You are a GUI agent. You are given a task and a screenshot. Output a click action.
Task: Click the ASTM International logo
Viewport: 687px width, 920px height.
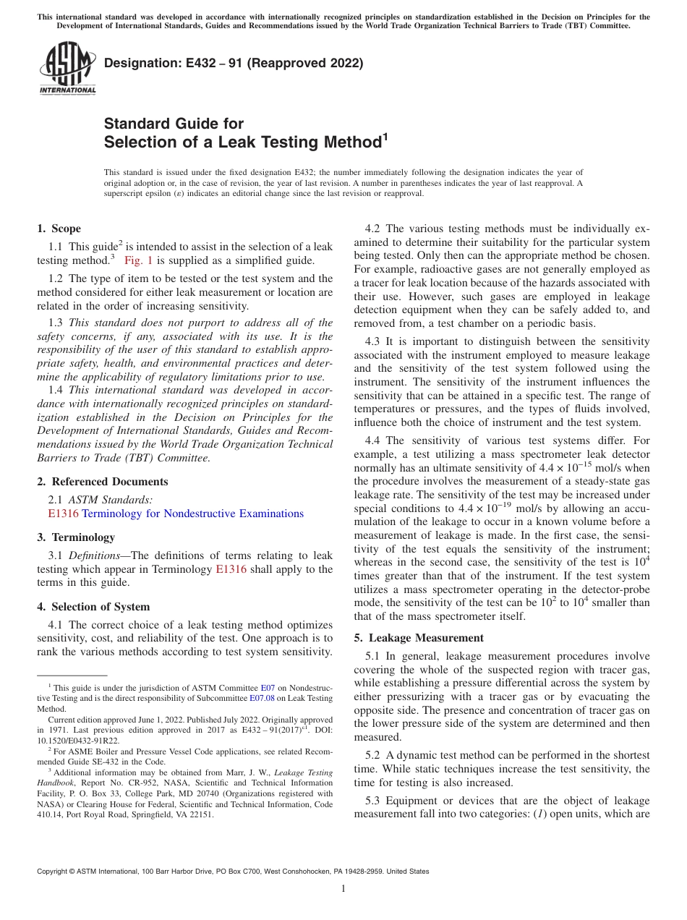coord(67,69)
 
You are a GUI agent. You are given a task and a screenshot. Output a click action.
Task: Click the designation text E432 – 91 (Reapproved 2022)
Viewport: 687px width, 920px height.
coord(234,63)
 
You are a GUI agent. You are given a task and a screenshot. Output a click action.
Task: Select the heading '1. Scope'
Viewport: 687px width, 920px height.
coord(59,229)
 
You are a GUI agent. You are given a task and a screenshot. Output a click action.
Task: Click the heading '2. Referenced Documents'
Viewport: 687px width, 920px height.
coord(102,482)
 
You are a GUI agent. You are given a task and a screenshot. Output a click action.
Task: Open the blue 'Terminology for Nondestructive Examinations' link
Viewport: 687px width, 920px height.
coord(192,514)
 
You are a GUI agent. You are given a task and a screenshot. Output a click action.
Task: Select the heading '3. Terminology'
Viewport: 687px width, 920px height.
coord(76,537)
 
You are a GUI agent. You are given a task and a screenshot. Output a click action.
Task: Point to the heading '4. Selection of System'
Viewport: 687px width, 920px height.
coord(93,607)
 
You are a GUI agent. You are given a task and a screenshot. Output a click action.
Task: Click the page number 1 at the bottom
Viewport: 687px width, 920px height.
coord(343,889)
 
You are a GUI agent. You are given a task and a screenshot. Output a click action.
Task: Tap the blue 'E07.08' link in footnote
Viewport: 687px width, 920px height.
coord(263,698)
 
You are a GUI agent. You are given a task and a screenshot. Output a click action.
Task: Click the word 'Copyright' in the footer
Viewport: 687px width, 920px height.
coord(55,872)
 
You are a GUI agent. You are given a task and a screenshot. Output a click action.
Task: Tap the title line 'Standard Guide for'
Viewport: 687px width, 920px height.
coord(174,124)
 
